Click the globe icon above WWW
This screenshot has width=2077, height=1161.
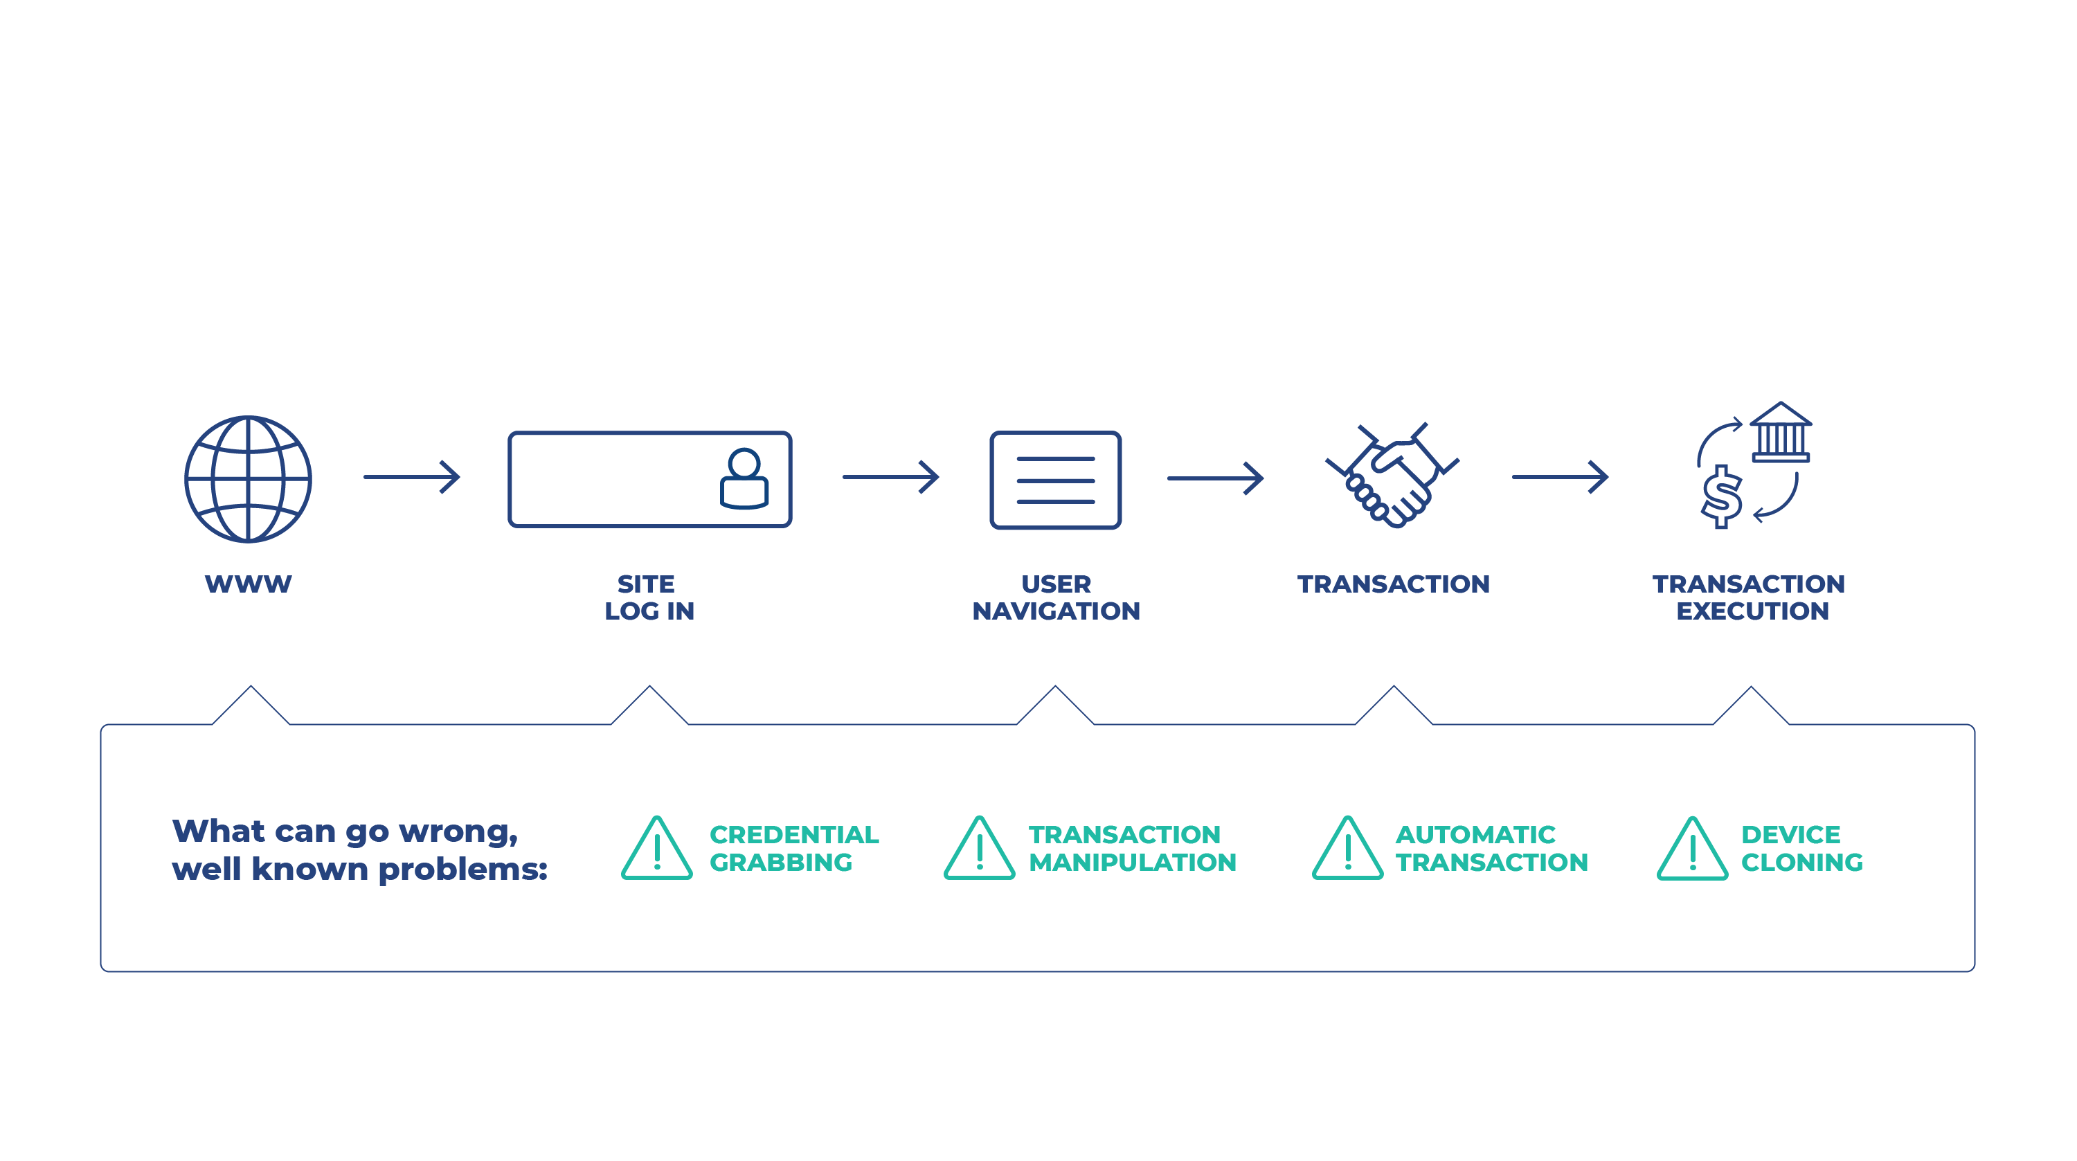click(x=249, y=479)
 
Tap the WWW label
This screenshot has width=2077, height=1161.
click(x=249, y=584)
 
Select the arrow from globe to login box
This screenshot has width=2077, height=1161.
click(x=411, y=477)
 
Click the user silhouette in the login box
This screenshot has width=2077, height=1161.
click(x=744, y=479)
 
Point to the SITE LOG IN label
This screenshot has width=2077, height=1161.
click(x=649, y=597)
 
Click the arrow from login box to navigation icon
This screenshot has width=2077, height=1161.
click(x=890, y=477)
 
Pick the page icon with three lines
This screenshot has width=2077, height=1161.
click(x=1055, y=480)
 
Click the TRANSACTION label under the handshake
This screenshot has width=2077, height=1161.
click(x=1393, y=584)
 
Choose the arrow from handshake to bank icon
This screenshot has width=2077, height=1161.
click(x=1559, y=477)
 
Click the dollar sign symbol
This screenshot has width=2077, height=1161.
click(x=1720, y=498)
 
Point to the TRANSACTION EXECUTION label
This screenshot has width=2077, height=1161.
click(x=1750, y=597)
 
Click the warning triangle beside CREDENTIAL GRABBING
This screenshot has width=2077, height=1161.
click(x=657, y=849)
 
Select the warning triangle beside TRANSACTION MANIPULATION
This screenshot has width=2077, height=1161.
click(x=980, y=849)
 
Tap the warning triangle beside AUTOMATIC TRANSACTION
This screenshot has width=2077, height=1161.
click(x=1347, y=849)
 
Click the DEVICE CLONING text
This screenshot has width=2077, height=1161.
click(x=1801, y=848)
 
